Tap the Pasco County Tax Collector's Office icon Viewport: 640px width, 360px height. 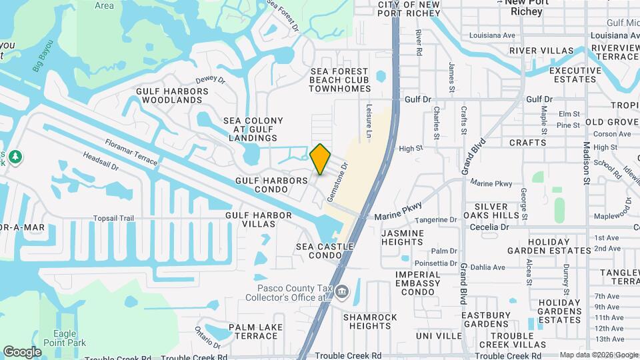tap(343, 291)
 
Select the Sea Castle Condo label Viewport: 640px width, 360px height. tap(325, 251)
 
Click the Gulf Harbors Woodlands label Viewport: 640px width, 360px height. tap(169, 95)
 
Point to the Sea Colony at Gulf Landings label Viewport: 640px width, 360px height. tap(253, 129)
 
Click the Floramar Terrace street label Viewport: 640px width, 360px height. tap(131, 152)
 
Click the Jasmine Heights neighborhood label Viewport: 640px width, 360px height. tap(402, 238)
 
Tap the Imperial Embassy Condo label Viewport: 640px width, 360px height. tap(418, 283)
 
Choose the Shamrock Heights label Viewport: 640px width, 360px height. tap(370, 321)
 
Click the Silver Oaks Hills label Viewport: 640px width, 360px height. tap(497, 211)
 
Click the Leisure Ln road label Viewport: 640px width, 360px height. tap(368, 115)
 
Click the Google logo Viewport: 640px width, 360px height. tap(22, 352)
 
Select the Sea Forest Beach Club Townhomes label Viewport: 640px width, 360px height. tap(339, 79)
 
